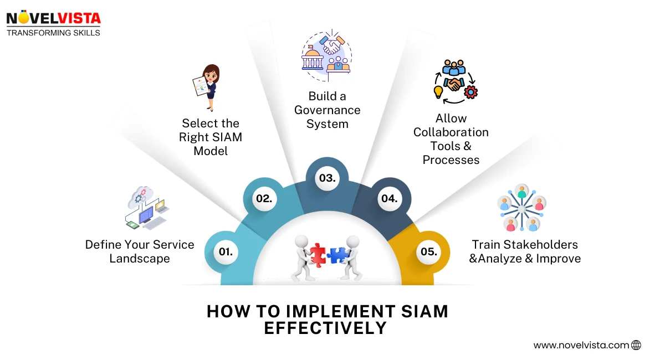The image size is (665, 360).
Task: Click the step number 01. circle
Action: coord(225,251)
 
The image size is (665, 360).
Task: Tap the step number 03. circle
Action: coord(327,178)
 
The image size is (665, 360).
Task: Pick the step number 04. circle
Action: coord(390,198)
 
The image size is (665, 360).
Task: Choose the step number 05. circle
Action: coord(428,251)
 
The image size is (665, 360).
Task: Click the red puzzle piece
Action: coord(318,255)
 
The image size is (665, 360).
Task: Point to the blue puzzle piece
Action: coord(336,255)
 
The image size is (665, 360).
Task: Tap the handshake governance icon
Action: coord(326,53)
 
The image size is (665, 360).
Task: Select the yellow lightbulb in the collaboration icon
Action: coord(438,90)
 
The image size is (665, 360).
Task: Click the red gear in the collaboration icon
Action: coord(470,91)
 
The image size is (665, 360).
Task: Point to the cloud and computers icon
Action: coord(145,208)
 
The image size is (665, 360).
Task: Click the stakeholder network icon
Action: coord(521,208)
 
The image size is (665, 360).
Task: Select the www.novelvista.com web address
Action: coord(581,345)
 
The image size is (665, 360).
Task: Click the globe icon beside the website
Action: coord(636,345)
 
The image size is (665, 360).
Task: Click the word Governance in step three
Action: coord(327,110)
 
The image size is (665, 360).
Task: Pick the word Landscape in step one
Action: coord(140,259)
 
